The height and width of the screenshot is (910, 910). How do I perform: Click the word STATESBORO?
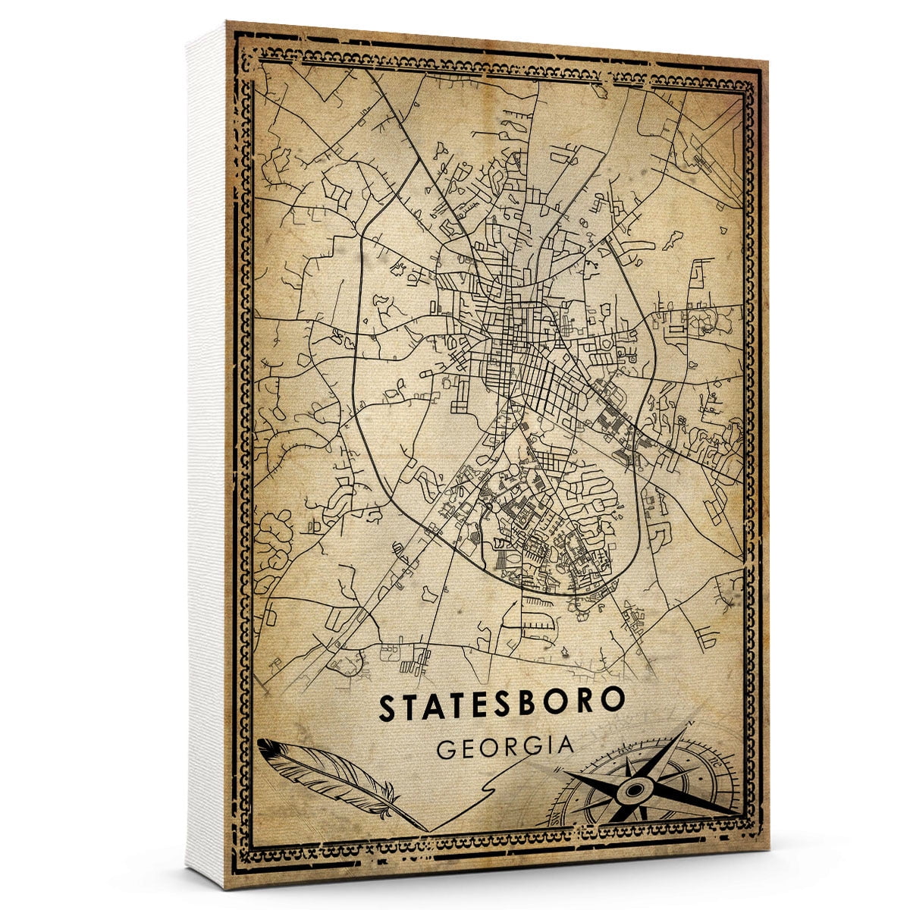click(501, 706)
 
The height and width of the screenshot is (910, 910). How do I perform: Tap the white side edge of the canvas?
click(206, 455)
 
